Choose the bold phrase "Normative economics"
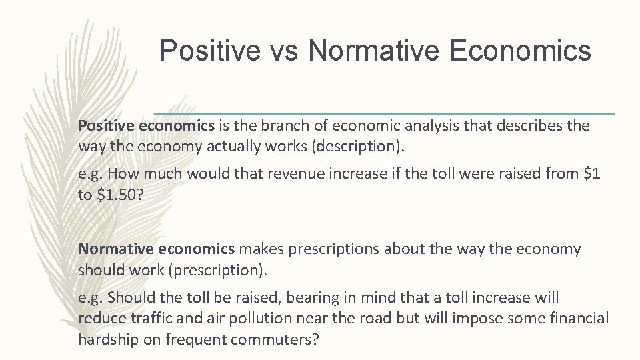pyautogui.click(x=157, y=249)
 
